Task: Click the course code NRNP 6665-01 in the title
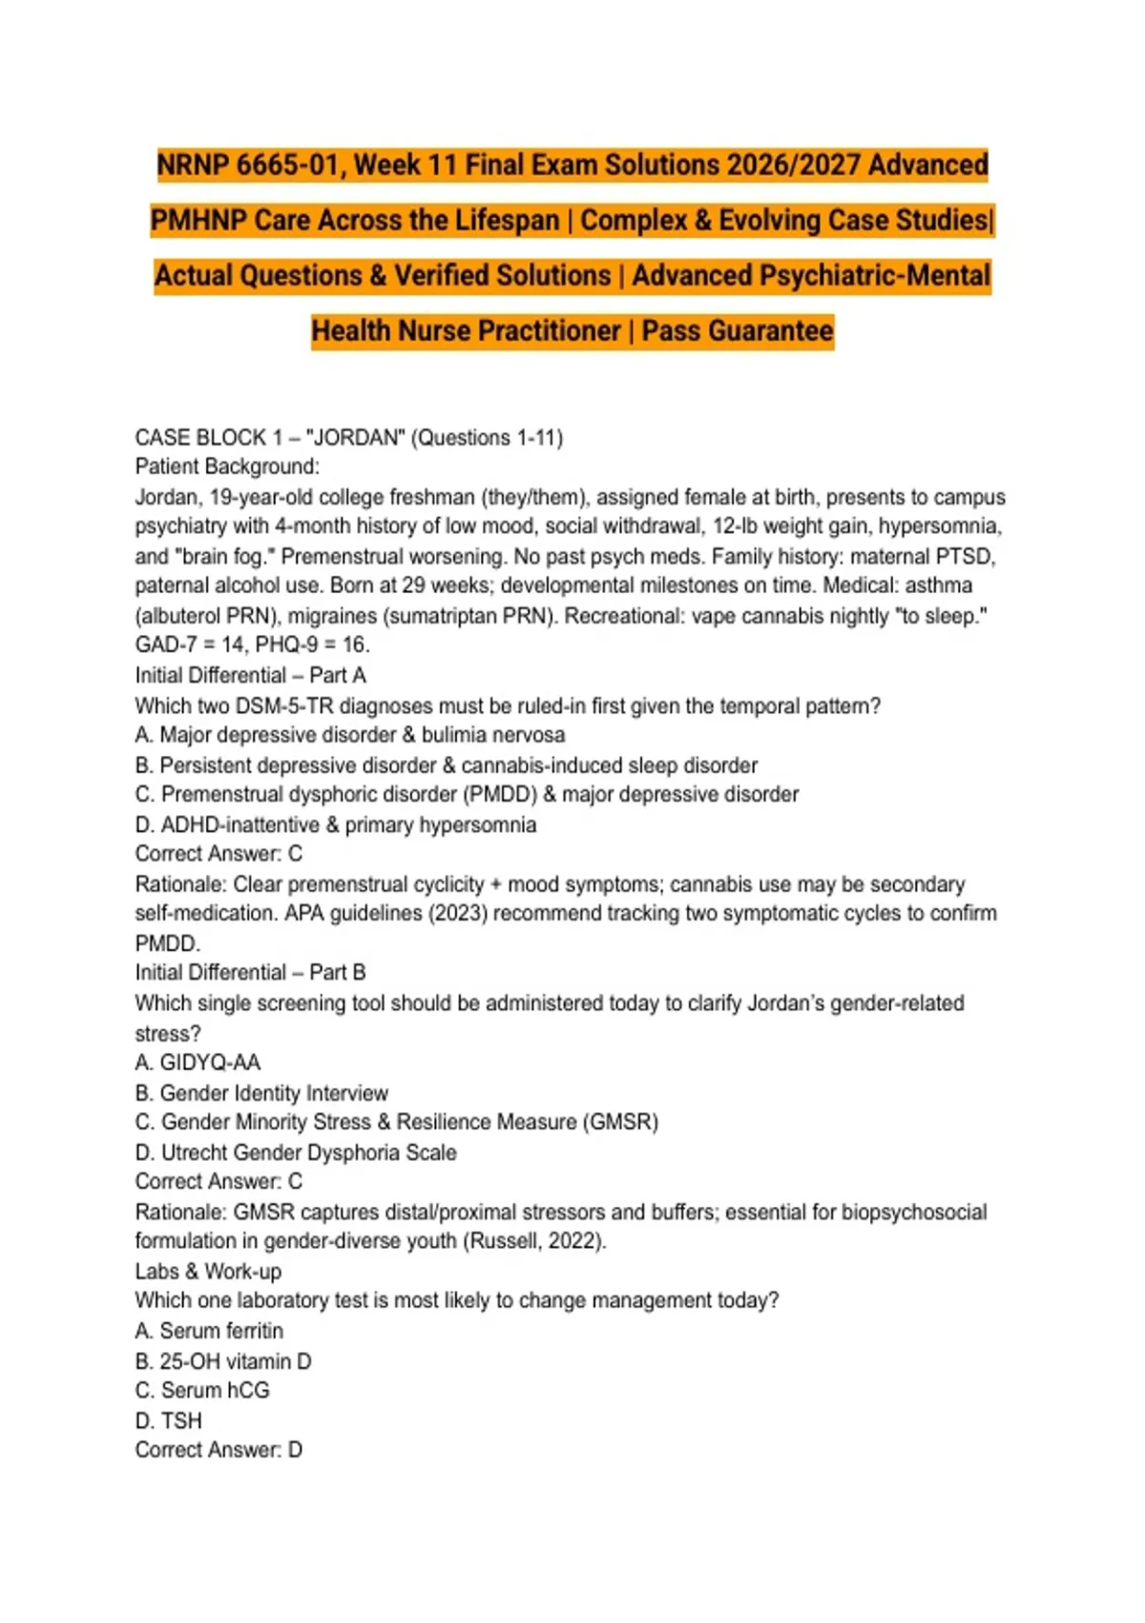click(x=251, y=165)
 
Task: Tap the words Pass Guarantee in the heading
click(x=737, y=331)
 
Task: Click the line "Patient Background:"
click(x=227, y=467)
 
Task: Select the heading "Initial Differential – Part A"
click(x=250, y=675)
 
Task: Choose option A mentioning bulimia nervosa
click(x=350, y=735)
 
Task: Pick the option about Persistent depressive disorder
click(x=446, y=766)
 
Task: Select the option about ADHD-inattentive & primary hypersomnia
click(x=336, y=825)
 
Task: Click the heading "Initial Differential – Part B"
click(x=250, y=972)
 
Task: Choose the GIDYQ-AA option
click(x=198, y=1063)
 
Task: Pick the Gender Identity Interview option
click(x=261, y=1093)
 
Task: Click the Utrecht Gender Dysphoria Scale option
click(x=296, y=1152)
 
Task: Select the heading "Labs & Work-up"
click(x=208, y=1272)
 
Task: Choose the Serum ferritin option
click(x=209, y=1331)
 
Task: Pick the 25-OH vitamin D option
click(x=223, y=1361)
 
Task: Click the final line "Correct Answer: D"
click(x=219, y=1450)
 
